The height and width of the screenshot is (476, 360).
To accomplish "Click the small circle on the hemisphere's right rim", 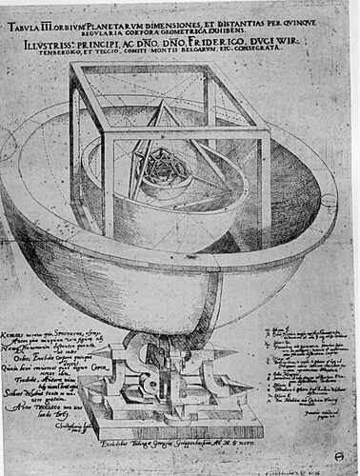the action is (x=328, y=200).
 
